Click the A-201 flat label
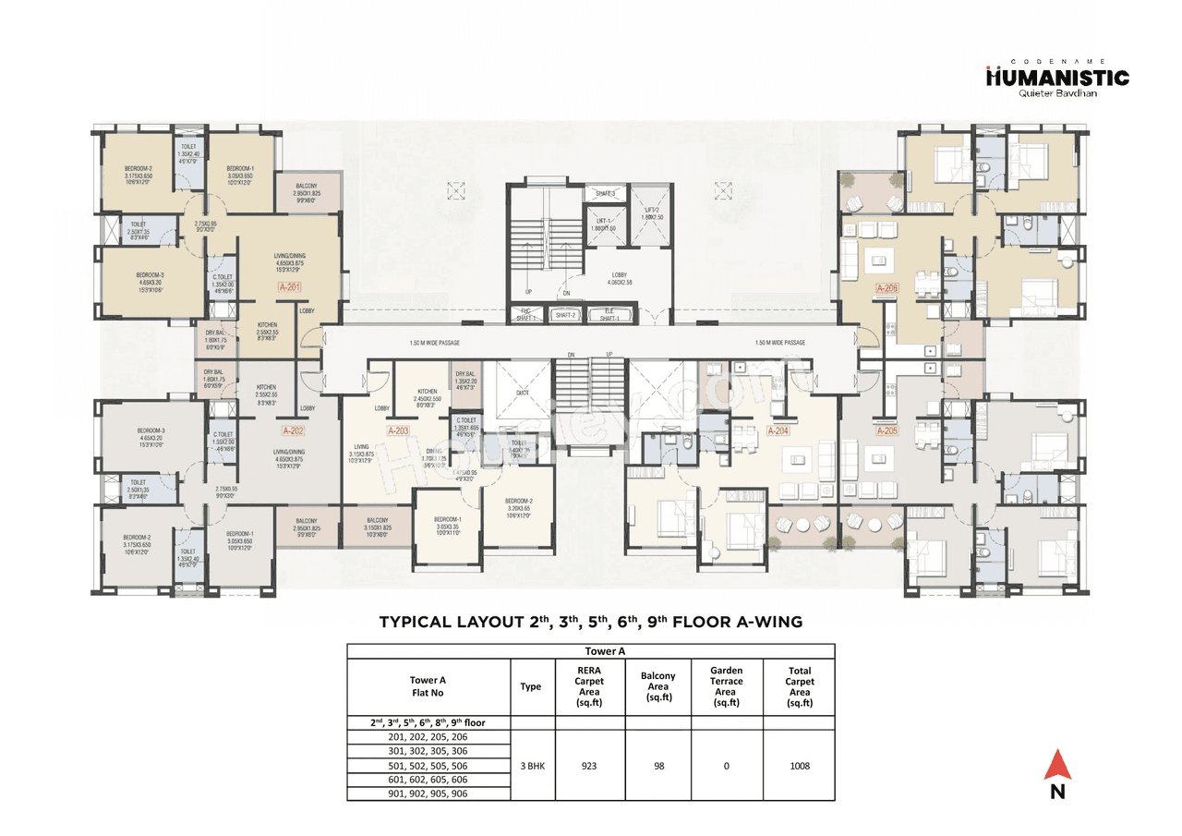coord(290,287)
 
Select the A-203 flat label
coord(398,430)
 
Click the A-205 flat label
coord(886,430)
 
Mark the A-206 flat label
coord(886,287)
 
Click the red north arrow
coord(1057,766)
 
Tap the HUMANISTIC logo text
coord(1056,78)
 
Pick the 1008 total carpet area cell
coord(799,765)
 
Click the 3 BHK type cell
coord(531,765)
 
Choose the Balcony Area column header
coord(657,686)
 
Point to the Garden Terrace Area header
coord(727,686)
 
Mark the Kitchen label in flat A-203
coord(427,392)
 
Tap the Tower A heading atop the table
coord(590,650)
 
